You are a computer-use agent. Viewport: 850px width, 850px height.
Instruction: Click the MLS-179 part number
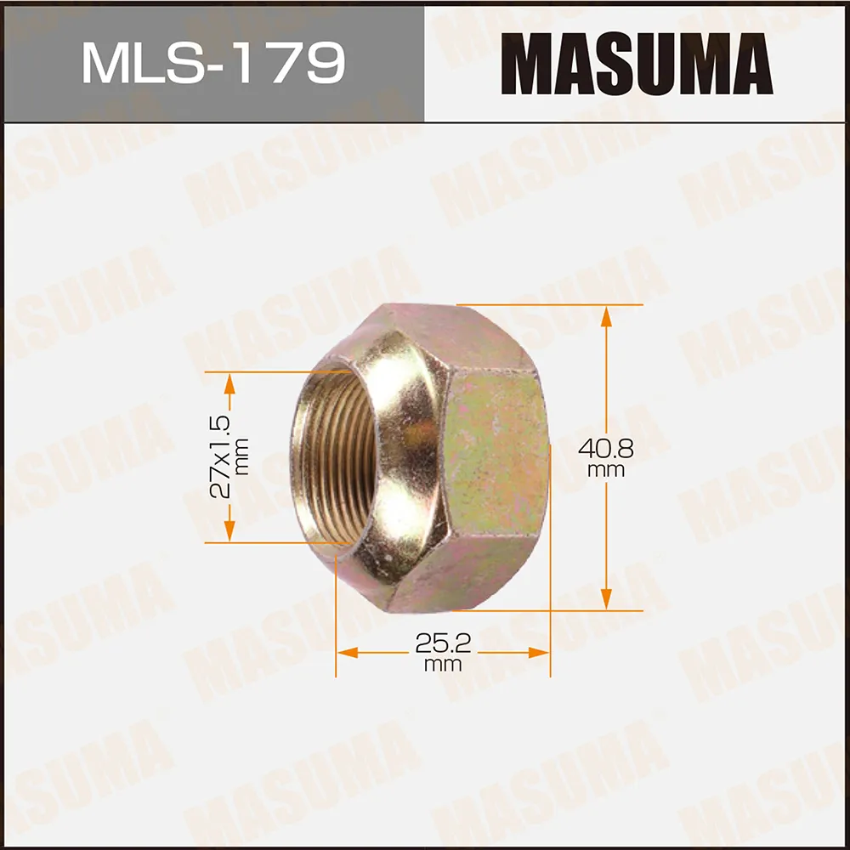(x=213, y=63)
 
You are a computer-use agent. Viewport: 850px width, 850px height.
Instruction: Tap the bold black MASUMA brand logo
(x=637, y=63)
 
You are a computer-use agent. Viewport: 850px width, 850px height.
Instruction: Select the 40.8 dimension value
(x=606, y=448)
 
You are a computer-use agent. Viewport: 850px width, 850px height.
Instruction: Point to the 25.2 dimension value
(x=443, y=643)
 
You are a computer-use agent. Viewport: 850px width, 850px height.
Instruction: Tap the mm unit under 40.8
(x=606, y=470)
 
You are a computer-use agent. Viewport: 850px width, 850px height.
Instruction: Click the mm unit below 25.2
(x=443, y=665)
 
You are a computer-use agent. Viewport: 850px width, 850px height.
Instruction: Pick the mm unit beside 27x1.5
(x=243, y=456)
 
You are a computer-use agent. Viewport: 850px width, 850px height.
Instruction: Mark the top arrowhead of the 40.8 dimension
(x=606, y=314)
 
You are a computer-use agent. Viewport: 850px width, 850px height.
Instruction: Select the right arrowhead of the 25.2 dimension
(x=541, y=653)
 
